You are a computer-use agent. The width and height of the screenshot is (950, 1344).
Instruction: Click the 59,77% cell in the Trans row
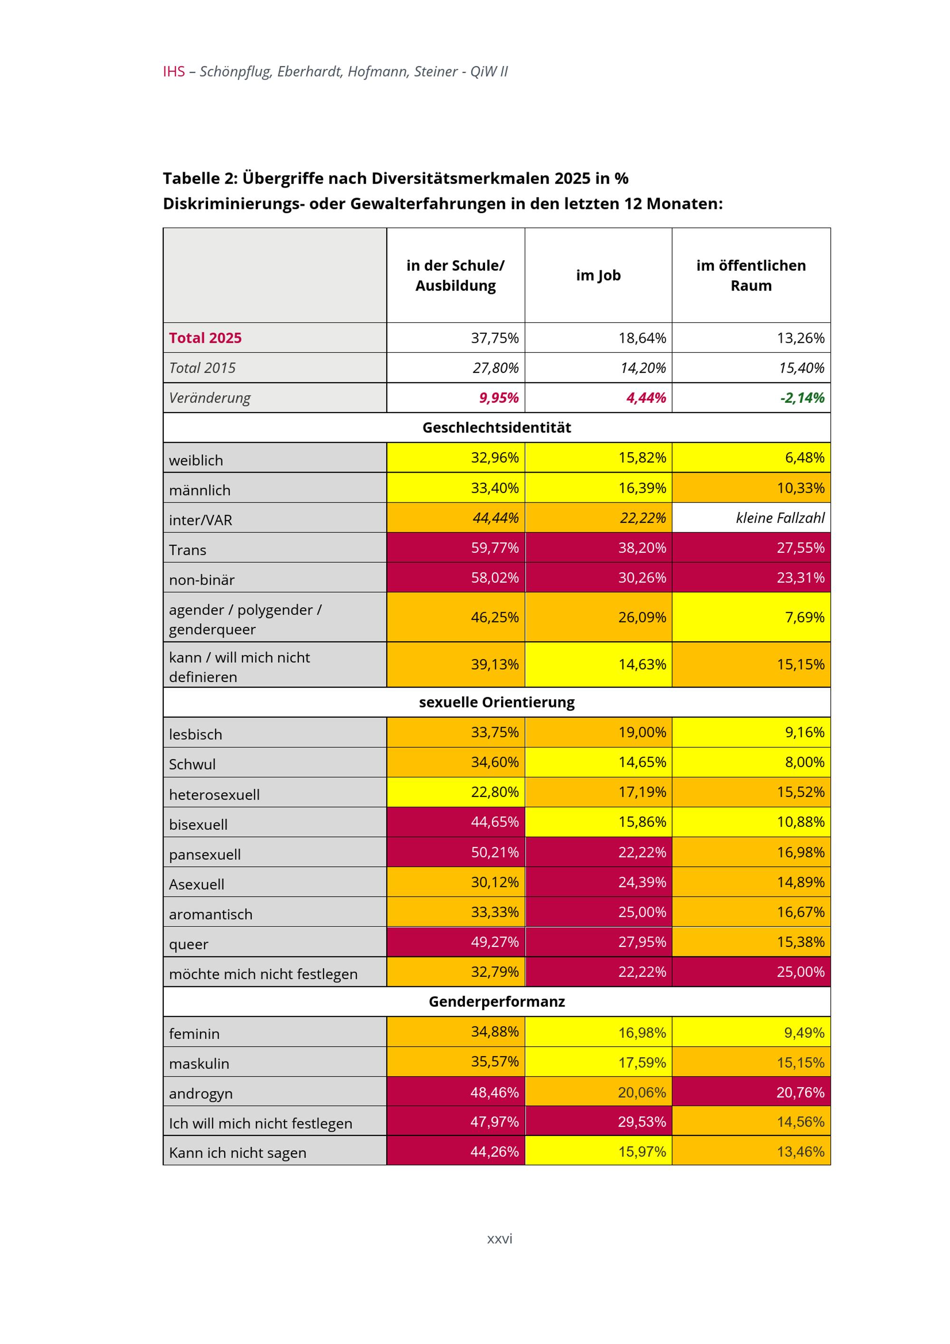494,548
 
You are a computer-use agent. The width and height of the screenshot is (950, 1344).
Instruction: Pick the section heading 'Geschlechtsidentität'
496,427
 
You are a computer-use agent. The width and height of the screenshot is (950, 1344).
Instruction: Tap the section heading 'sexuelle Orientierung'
496,702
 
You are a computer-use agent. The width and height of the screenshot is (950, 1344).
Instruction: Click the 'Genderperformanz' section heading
496,1002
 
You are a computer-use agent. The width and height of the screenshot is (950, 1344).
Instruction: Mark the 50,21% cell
494,852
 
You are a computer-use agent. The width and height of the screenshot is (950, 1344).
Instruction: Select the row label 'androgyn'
201,1093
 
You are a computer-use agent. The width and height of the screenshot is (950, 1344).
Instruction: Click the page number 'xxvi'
499,1238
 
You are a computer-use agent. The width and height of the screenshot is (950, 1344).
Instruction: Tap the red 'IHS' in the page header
174,71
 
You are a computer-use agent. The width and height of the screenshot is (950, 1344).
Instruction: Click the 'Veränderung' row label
209,398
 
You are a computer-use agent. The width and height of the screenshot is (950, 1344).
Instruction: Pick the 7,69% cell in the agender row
804,617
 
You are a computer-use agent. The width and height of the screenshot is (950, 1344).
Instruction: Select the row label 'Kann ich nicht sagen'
237,1153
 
